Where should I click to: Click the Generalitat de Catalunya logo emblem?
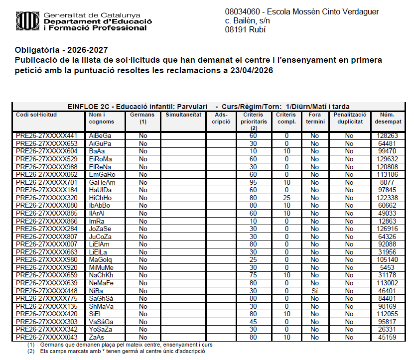click(x=27, y=21)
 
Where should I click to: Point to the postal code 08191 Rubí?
click(x=246, y=29)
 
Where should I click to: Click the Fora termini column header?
click(x=315, y=118)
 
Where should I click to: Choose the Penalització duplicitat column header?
click(x=350, y=118)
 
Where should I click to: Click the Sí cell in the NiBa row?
click(x=315, y=291)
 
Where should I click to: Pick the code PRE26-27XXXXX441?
click(x=47, y=135)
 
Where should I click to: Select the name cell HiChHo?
click(x=101, y=198)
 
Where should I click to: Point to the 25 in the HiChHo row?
click(x=286, y=198)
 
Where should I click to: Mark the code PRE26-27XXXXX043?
click(x=47, y=338)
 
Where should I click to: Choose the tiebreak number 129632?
click(x=387, y=159)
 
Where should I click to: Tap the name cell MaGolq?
click(x=101, y=260)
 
